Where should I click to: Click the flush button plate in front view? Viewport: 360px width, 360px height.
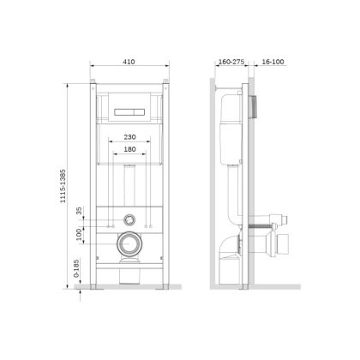pyautogui.click(x=129, y=111)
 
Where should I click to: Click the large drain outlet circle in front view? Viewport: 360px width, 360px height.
pyautogui.click(x=129, y=243)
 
